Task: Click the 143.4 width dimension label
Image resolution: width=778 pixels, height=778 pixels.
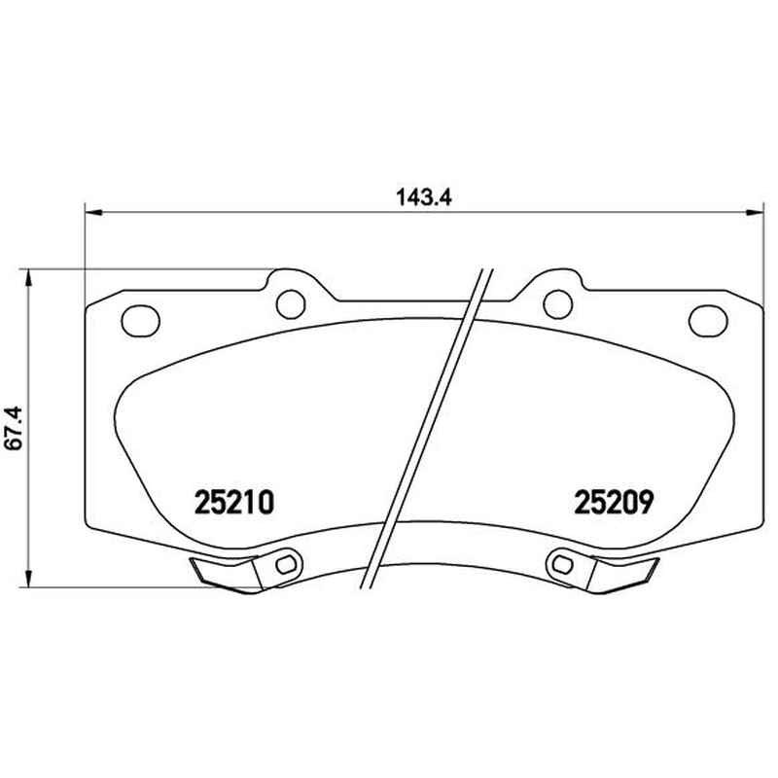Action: click(424, 198)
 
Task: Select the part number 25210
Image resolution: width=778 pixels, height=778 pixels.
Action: click(234, 502)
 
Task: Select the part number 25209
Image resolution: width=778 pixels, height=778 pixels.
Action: click(614, 502)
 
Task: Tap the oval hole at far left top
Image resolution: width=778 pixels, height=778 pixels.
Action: click(141, 320)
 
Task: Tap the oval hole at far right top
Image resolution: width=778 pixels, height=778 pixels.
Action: click(708, 320)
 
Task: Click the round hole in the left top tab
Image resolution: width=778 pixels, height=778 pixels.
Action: click(290, 304)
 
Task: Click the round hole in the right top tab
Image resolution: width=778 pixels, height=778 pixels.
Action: click(558, 304)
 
